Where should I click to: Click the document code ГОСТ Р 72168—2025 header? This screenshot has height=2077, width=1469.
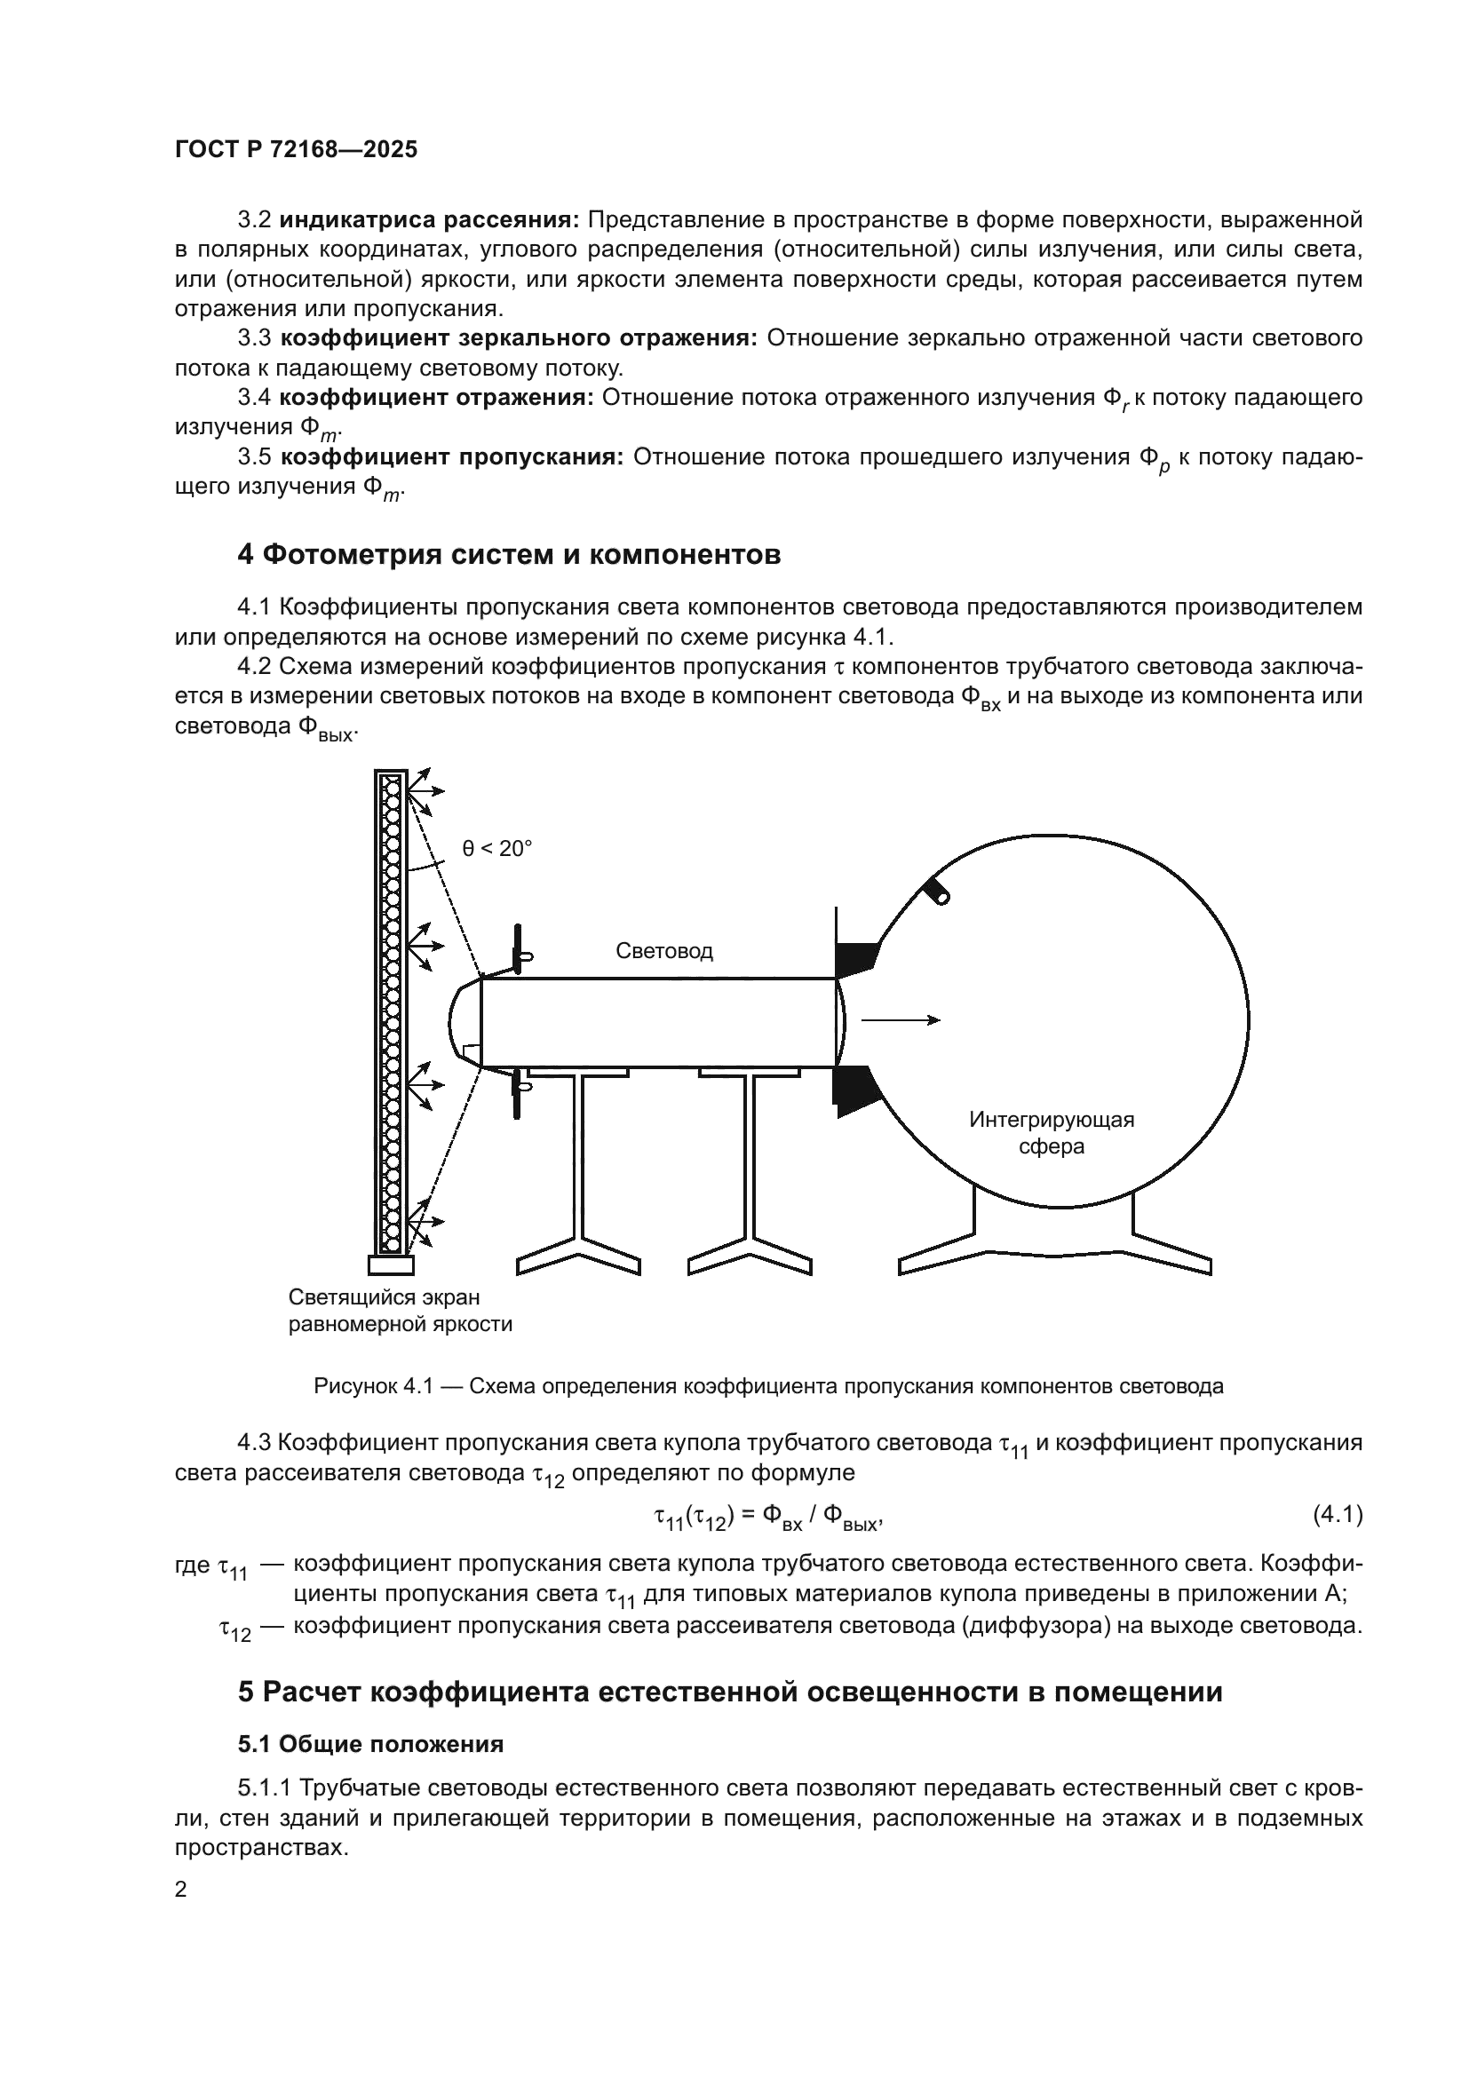click(x=296, y=150)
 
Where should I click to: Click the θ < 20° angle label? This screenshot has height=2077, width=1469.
click(x=497, y=849)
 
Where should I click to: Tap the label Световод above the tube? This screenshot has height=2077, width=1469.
click(x=664, y=951)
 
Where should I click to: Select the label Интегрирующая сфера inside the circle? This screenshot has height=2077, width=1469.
click(x=1051, y=1133)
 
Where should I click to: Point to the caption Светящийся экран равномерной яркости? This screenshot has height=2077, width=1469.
click(x=400, y=1311)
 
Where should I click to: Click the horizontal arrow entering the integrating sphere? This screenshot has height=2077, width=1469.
click(x=900, y=1020)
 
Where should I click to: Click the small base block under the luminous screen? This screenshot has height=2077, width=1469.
click(x=391, y=1264)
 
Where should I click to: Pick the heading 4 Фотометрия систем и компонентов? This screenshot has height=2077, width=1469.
click(x=509, y=554)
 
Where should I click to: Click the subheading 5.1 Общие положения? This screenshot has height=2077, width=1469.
click(x=370, y=1743)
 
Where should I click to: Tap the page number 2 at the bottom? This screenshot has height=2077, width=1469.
click(x=181, y=1890)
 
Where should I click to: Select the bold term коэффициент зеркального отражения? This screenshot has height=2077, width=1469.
click(x=520, y=338)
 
